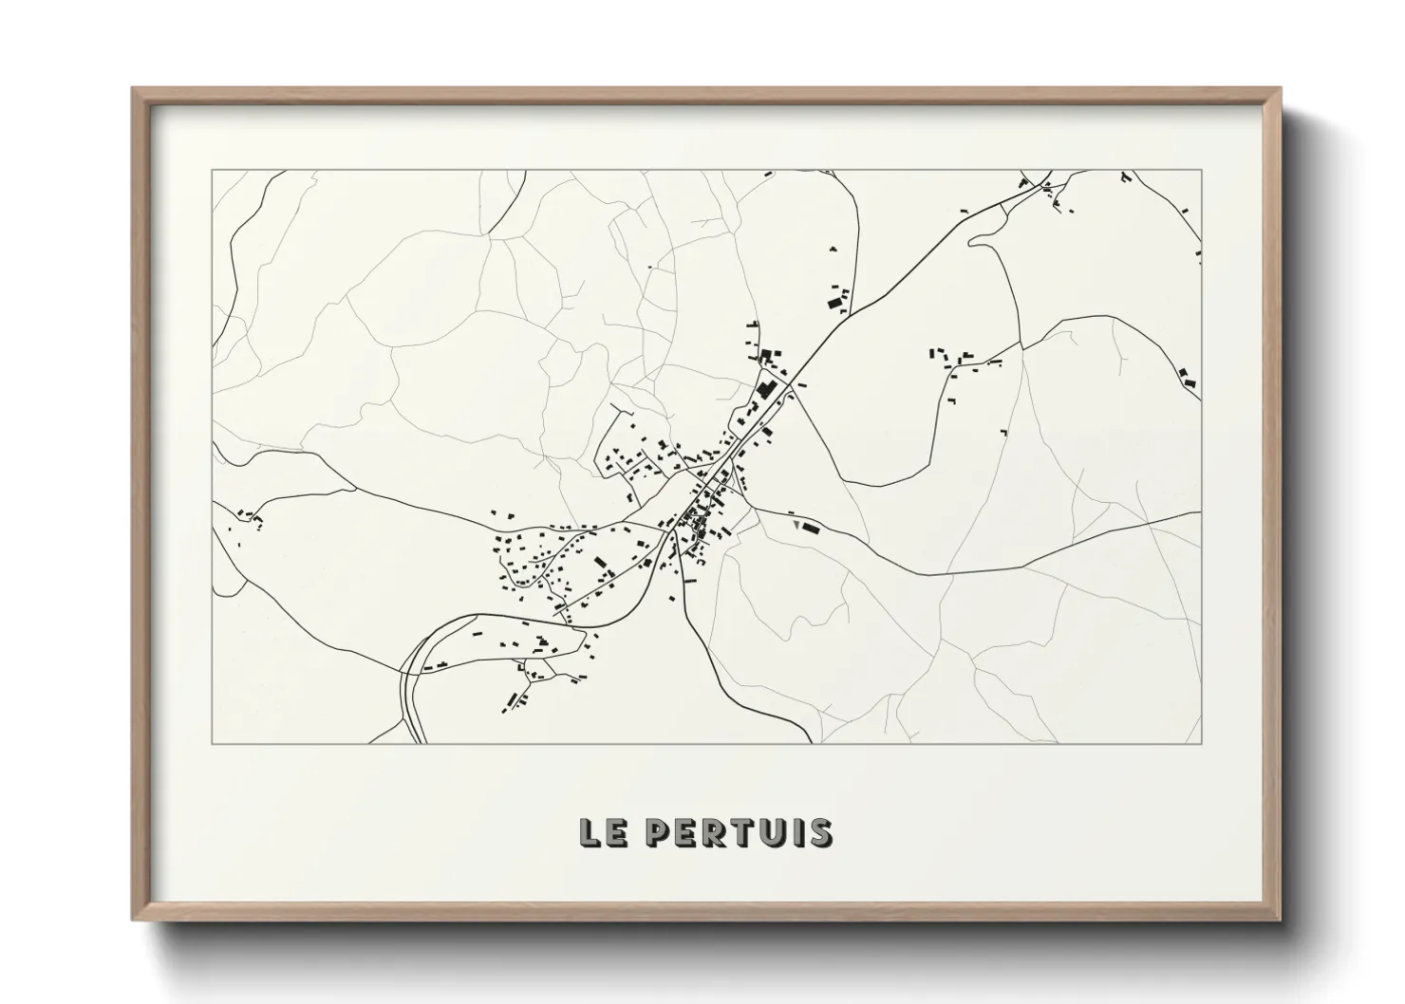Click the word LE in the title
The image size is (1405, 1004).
click(602, 832)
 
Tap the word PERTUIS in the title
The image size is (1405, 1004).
click(740, 832)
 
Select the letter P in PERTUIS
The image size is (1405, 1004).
click(659, 832)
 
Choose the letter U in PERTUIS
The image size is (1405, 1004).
click(770, 832)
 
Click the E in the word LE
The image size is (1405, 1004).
click(614, 832)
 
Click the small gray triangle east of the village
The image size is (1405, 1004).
click(794, 521)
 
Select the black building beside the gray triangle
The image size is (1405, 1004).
click(810, 527)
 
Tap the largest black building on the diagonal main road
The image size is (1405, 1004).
click(765, 390)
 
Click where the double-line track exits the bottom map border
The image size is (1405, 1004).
click(418, 743)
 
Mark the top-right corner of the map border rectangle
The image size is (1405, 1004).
click(1201, 170)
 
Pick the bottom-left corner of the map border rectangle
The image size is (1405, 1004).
click(212, 743)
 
